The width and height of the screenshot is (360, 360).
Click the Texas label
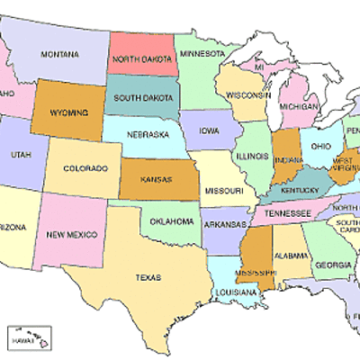coord(148,278)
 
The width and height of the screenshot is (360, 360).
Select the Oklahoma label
coord(170,220)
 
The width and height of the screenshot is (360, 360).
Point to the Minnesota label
coord(202,53)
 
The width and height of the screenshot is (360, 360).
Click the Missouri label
coord(224,192)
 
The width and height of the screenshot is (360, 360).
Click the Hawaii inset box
coord(28,339)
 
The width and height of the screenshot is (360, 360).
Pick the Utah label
coord(20,154)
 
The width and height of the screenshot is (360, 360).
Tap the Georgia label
coord(333,265)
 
